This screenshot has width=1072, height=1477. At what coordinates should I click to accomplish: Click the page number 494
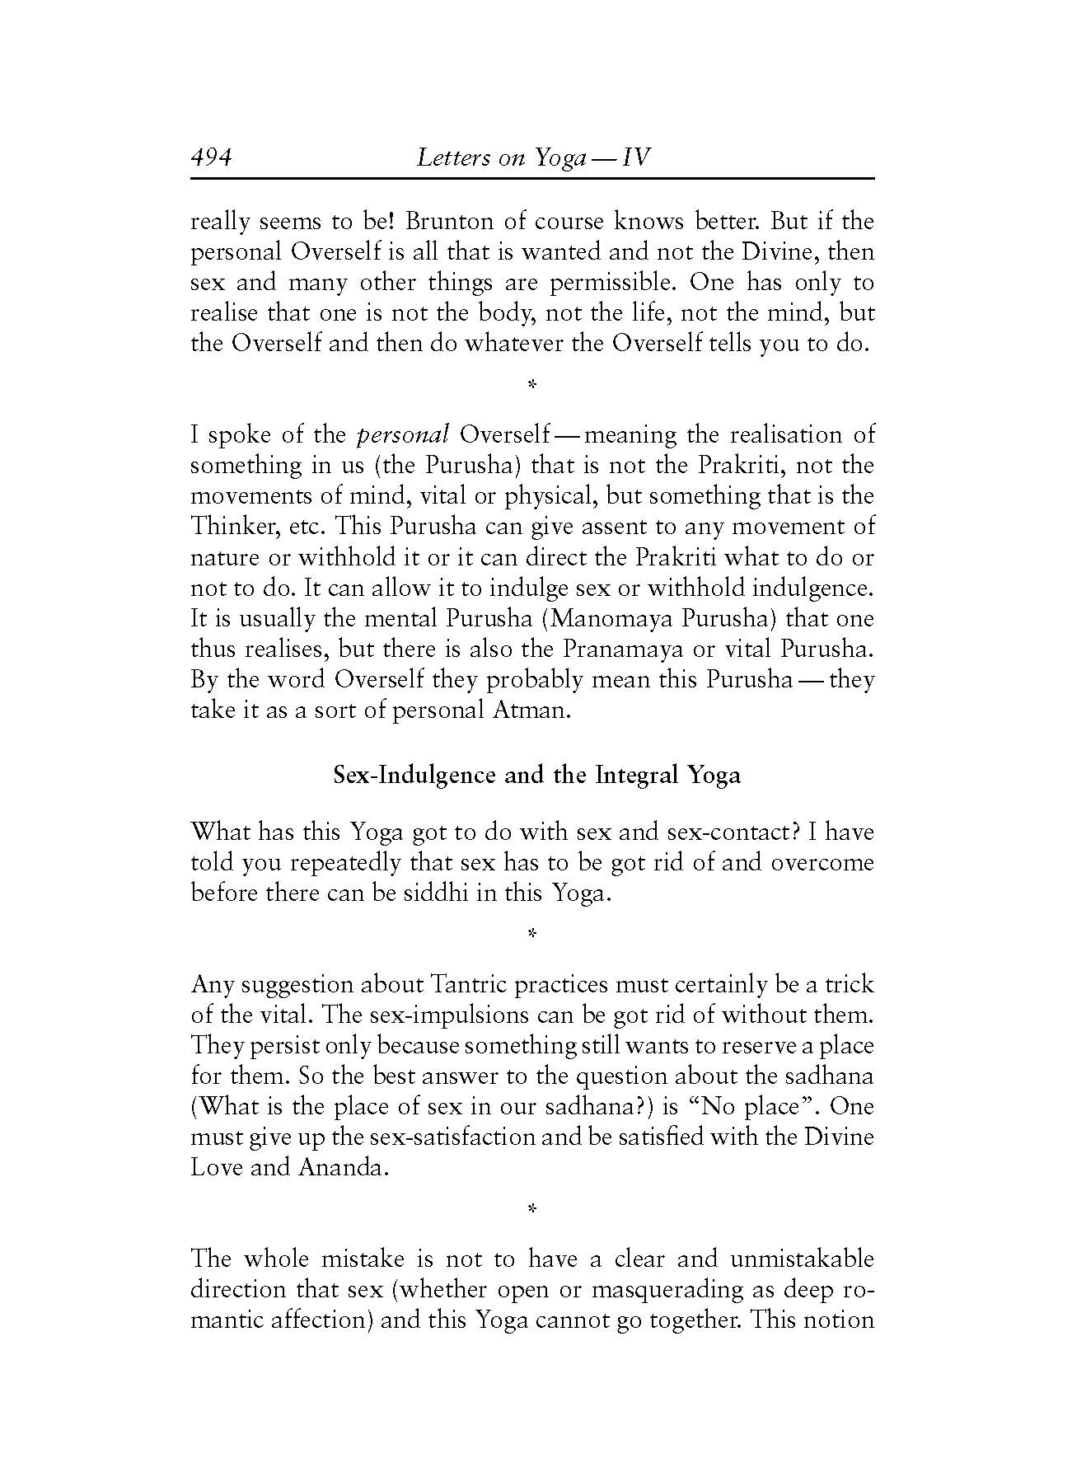click(x=212, y=157)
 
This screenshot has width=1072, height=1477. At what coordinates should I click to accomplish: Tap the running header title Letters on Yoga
click(x=533, y=157)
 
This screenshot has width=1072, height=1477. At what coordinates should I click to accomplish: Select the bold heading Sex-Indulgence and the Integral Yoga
click(x=536, y=776)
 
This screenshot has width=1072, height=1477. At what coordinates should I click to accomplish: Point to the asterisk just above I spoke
click(x=532, y=384)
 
